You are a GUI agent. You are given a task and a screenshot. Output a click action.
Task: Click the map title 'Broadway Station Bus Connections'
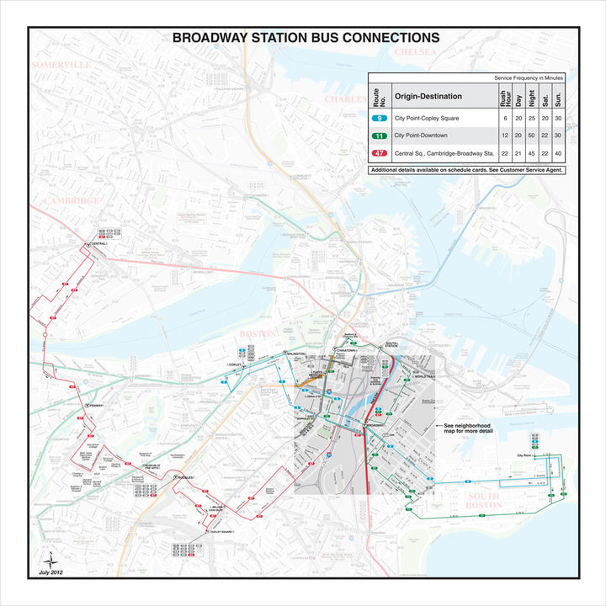(x=306, y=38)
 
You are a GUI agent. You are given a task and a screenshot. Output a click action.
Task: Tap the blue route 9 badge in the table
(x=380, y=119)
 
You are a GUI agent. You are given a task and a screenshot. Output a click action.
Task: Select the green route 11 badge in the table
(x=380, y=136)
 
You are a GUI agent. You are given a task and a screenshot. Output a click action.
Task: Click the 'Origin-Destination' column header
(x=428, y=96)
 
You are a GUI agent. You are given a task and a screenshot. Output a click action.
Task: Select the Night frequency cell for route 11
(x=532, y=136)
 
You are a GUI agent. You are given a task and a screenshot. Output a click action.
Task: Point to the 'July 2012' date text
(x=50, y=572)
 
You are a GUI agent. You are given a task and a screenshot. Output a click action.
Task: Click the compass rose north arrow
(x=50, y=560)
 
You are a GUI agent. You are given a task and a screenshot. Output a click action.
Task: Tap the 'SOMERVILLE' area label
(x=61, y=64)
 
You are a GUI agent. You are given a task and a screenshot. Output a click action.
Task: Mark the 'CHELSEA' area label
(x=417, y=52)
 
